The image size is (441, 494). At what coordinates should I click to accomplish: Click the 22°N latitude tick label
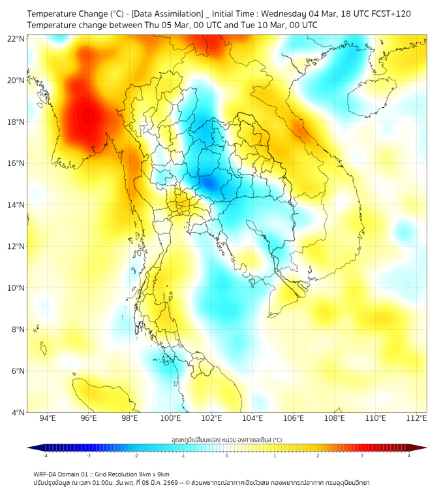(x=16, y=38)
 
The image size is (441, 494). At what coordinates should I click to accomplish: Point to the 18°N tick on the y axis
(x=16, y=122)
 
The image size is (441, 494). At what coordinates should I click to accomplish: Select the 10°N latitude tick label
(x=16, y=288)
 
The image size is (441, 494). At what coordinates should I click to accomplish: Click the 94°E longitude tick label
(x=47, y=418)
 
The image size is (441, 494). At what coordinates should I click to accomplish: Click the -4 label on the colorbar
(x=45, y=455)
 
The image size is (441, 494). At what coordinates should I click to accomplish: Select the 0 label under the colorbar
(x=227, y=455)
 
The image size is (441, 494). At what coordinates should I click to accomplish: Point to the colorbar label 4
(x=409, y=455)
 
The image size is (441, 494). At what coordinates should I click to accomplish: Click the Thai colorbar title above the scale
(x=226, y=440)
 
